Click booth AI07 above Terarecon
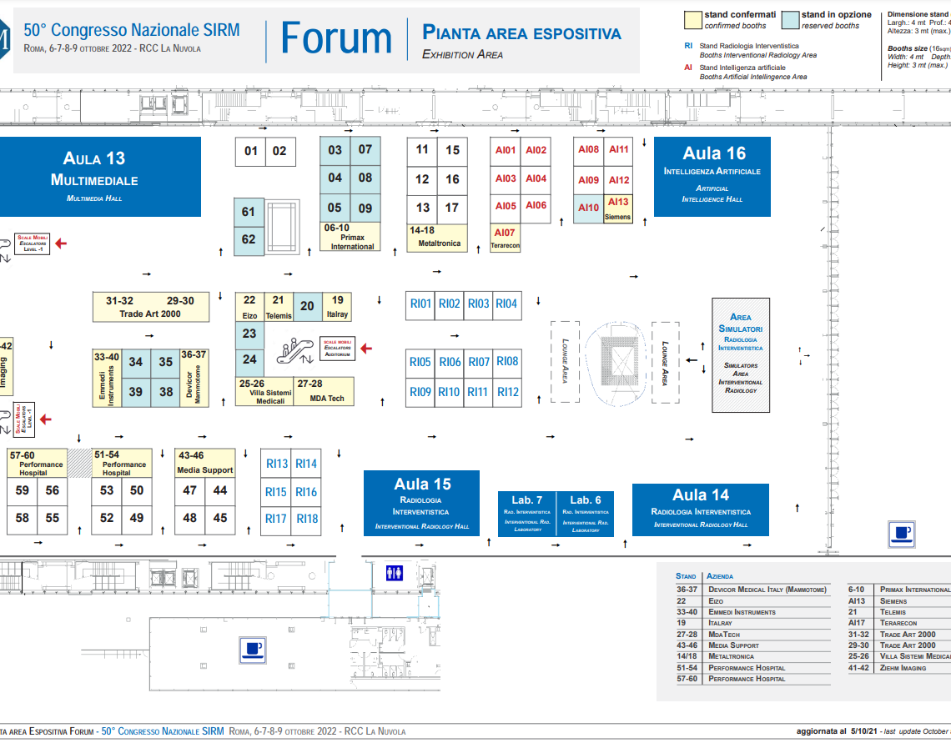point(505,233)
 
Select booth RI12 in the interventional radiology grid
point(507,392)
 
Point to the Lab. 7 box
point(527,513)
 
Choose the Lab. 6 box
point(586,513)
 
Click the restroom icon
point(395,573)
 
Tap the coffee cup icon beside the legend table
point(902,534)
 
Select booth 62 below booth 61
point(249,239)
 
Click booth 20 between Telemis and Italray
point(307,306)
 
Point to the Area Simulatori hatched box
point(741,354)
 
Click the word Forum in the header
point(335,38)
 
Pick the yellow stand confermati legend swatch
point(692,20)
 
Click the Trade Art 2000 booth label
point(150,314)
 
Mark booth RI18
point(307,519)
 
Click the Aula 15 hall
point(422,503)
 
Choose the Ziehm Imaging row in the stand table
point(898,668)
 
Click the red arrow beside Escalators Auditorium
point(365,349)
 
